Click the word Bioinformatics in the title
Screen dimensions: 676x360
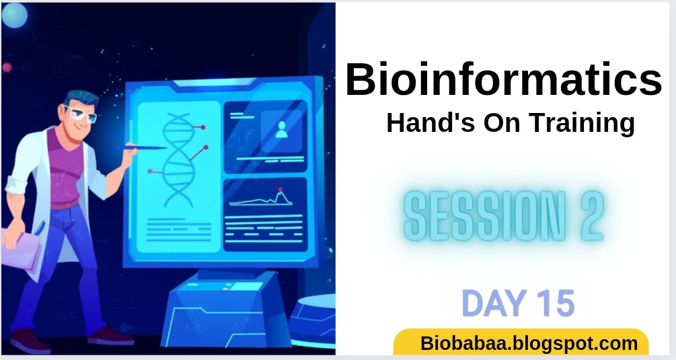click(504, 79)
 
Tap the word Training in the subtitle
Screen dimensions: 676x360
click(583, 124)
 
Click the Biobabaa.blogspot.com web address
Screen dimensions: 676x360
click(529, 344)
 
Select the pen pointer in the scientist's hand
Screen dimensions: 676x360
click(142, 148)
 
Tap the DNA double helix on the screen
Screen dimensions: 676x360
click(178, 160)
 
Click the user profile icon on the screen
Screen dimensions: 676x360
click(282, 130)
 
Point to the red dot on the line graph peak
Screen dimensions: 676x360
click(280, 189)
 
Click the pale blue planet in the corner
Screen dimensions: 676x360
click(15, 15)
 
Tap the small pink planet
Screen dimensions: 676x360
click(7, 67)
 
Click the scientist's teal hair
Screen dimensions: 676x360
click(81, 98)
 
